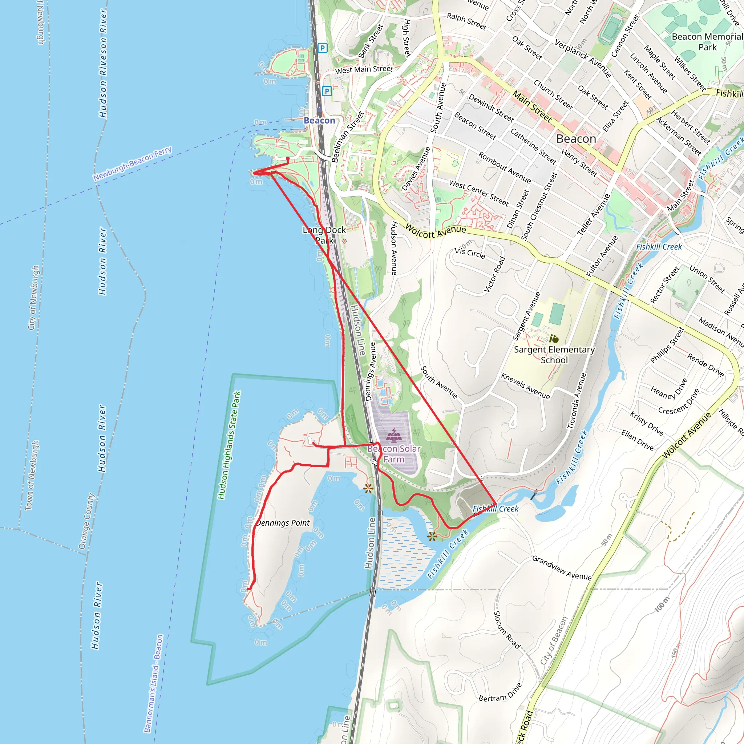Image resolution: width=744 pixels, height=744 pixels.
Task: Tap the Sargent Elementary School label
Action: point(554,355)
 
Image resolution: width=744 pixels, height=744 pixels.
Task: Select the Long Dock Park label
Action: point(324,235)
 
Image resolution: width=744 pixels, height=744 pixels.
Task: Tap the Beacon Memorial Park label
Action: point(707,41)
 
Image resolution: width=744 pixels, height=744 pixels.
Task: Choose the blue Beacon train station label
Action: point(319,121)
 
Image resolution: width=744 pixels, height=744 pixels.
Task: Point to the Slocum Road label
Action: point(506,630)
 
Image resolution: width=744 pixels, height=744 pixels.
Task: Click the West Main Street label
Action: point(364,69)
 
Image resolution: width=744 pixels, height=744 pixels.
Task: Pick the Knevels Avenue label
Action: point(525,386)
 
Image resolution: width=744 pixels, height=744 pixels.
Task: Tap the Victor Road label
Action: point(494,274)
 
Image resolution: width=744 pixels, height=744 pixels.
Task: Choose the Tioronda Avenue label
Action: point(577,401)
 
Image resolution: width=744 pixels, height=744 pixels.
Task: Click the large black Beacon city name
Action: point(576,139)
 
